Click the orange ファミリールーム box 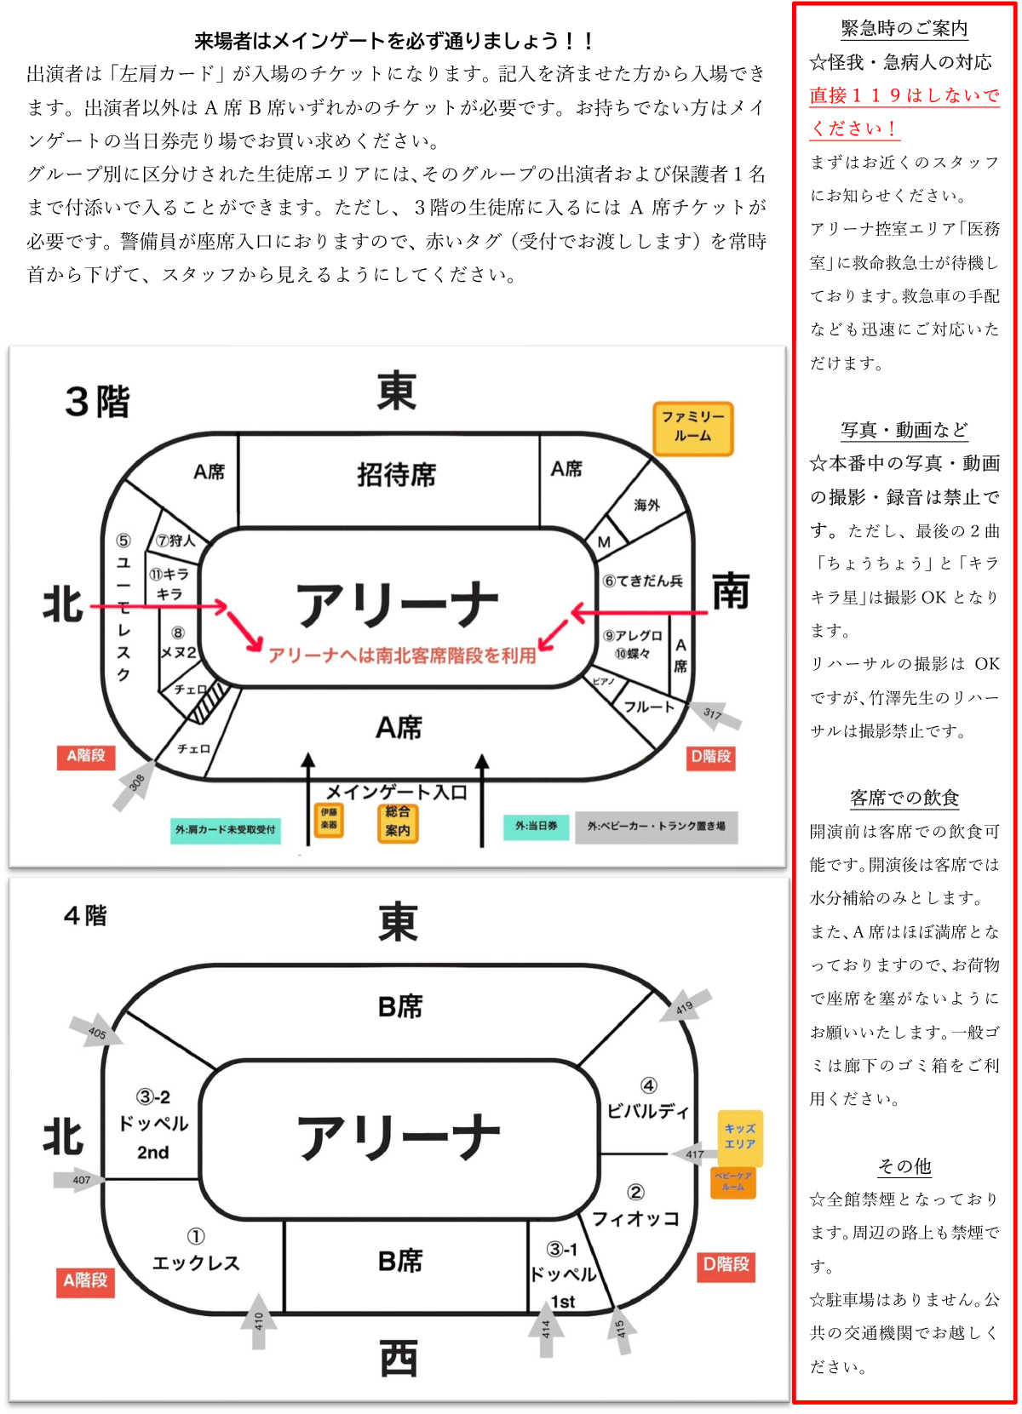pos(692,427)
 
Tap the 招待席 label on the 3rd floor pos(396,474)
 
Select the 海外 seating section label pos(646,505)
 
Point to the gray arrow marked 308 pos(135,784)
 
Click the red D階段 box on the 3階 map pos(710,757)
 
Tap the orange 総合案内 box pos(397,821)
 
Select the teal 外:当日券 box pos(536,826)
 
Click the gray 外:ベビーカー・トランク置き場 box pos(656,826)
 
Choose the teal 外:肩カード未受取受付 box pos(225,829)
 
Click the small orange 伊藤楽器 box pos(329,819)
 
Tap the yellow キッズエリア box pos(739,1137)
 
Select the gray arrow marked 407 pos(79,1180)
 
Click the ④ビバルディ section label pos(648,1100)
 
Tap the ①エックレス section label pos(196,1251)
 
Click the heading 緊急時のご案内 pos(904,29)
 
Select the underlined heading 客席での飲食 pos(904,798)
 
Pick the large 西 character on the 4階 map pos(399,1359)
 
